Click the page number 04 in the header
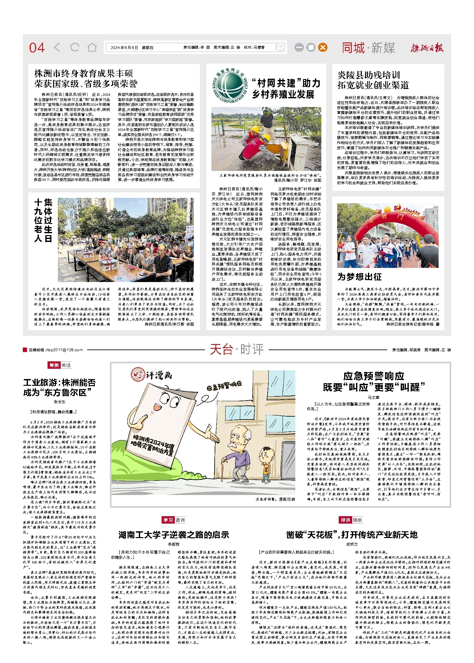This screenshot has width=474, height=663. [37, 48]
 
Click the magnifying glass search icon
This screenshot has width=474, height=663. [280, 47]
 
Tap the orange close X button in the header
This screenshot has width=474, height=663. [323, 48]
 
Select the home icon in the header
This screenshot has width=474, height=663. [92, 48]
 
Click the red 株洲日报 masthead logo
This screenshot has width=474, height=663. [427, 48]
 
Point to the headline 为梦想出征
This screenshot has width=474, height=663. [359, 277]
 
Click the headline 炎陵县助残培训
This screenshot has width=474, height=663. [368, 75]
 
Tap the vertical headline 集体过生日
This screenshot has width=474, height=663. [43, 220]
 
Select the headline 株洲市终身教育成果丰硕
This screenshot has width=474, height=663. [84, 74]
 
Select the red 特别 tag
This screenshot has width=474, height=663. [54, 365]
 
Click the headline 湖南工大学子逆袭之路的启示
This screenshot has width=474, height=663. [174, 535]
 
